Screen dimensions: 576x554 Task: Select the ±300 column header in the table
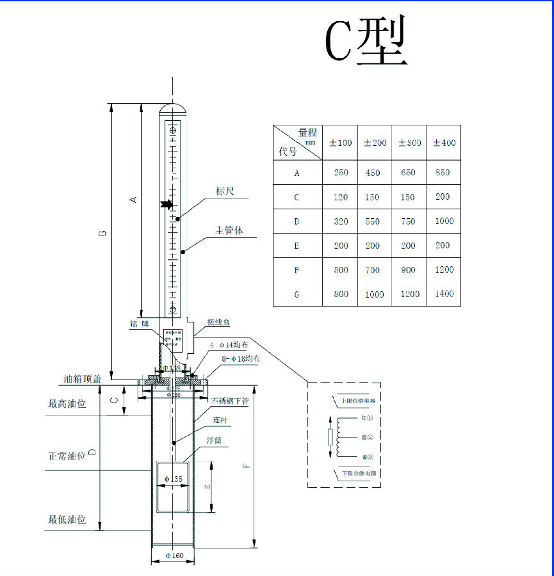point(409,142)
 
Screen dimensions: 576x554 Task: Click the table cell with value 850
point(443,172)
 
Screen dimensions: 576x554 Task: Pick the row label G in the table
point(297,294)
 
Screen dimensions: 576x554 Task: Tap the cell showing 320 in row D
point(341,221)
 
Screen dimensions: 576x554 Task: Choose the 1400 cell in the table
point(443,294)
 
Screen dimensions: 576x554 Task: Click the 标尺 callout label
point(225,191)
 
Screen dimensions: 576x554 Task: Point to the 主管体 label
point(229,230)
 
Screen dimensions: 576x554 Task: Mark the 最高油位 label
point(67,404)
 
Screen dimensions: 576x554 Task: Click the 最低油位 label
point(67,520)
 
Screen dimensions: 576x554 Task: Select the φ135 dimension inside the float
point(174,479)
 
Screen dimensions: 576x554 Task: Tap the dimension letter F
point(247,465)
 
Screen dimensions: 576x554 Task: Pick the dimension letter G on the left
point(102,234)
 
